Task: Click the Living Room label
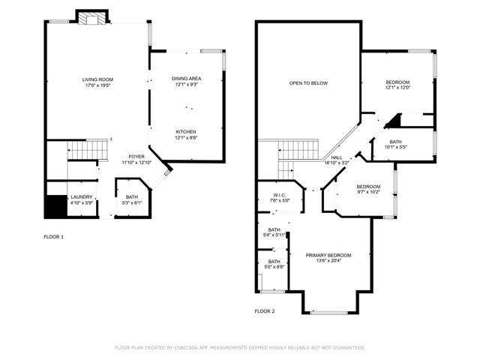[97, 80]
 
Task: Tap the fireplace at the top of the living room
[92, 18]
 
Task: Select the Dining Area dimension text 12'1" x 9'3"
[187, 85]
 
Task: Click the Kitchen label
[186, 132]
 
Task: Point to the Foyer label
[136, 157]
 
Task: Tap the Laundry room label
[82, 197]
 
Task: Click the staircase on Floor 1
[88, 150]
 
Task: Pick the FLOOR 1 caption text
[54, 237]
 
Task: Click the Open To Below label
[308, 83]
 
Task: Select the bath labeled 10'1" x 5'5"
[395, 145]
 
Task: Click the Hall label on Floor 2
[337, 157]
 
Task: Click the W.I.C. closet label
[280, 196]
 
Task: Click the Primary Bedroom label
[328, 256]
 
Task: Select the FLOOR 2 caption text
[265, 312]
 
